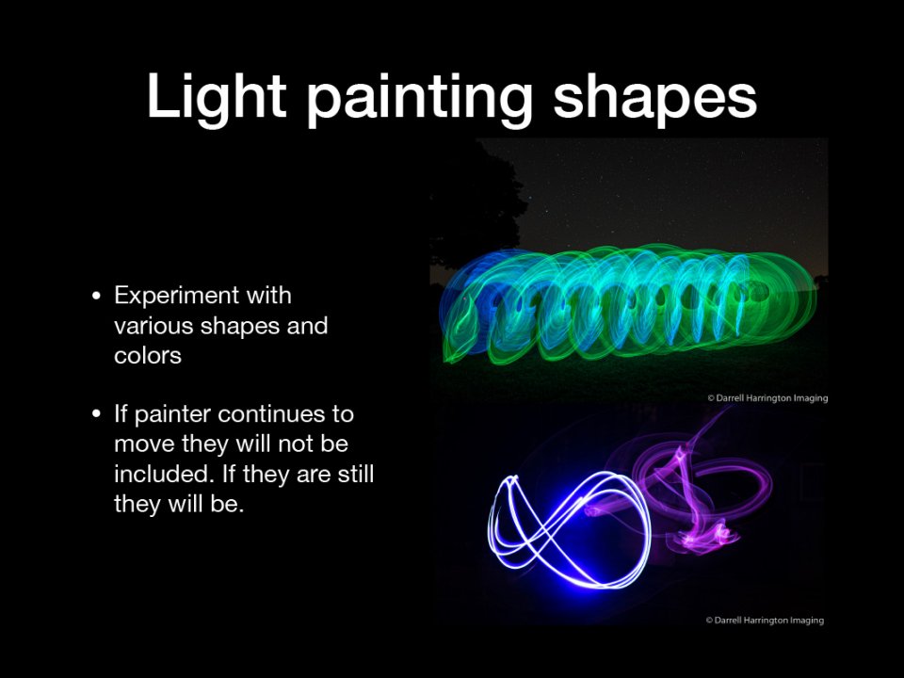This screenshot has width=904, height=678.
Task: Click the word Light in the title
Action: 217,97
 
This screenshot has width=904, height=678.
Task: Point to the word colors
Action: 148,356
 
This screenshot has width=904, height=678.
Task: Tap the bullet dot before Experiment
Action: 96,297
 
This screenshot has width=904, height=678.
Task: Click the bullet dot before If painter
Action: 96,414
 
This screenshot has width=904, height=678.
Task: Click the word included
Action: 161,474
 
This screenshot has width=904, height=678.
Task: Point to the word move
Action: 144,444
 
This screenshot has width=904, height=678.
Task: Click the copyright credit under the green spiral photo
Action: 767,397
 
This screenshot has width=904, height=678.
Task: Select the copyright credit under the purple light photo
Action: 765,621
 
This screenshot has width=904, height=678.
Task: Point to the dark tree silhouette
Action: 478,202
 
